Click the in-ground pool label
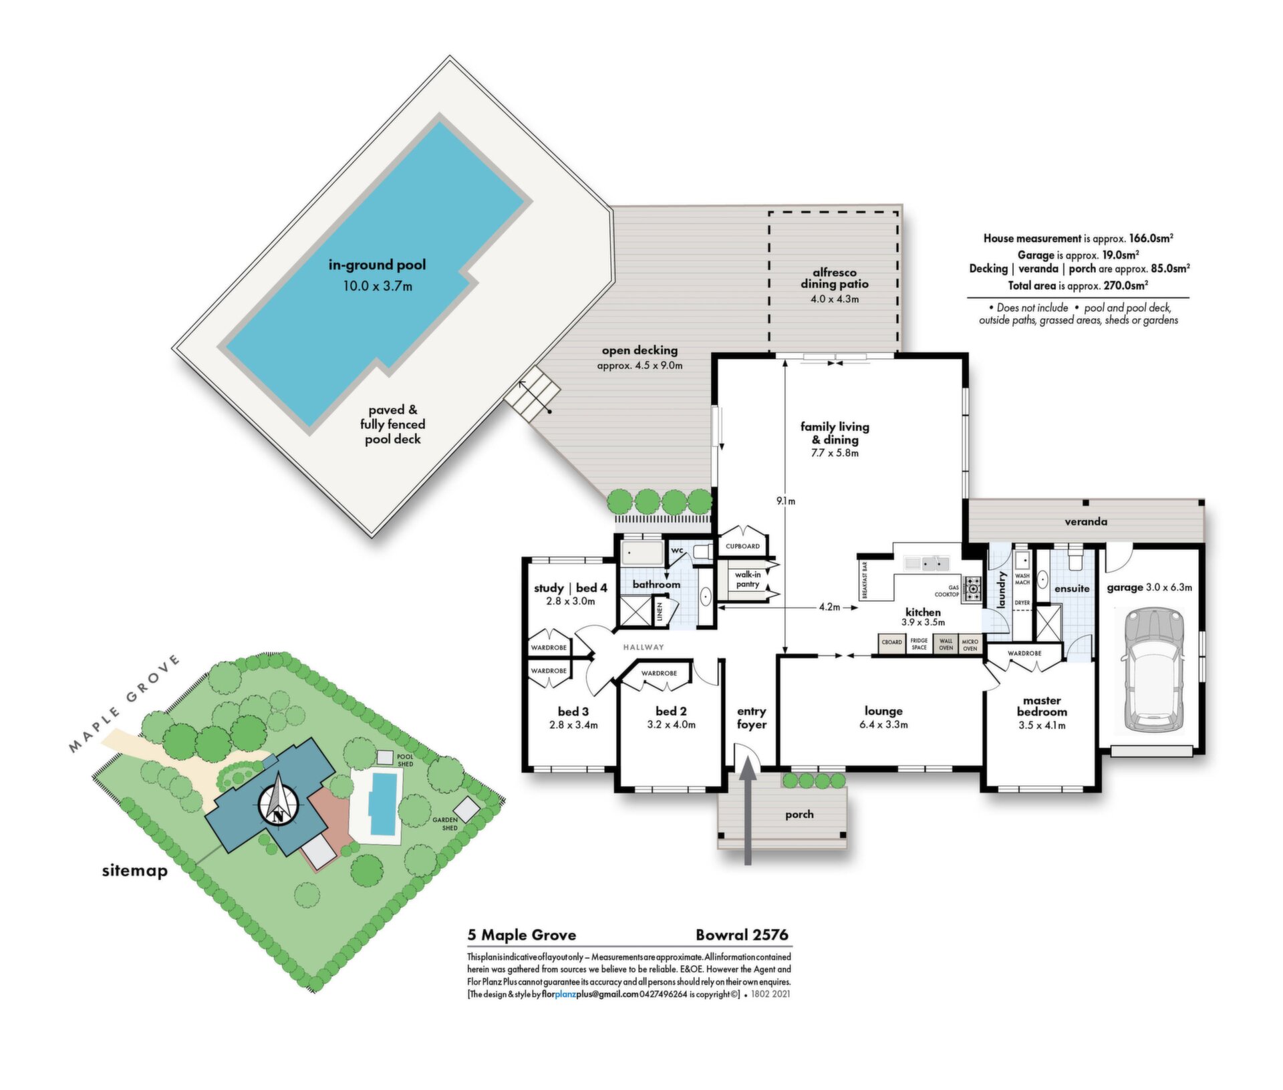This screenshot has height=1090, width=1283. click(377, 265)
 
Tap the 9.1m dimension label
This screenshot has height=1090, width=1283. click(786, 501)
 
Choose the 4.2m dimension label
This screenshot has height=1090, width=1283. click(829, 607)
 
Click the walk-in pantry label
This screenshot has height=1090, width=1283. click(748, 579)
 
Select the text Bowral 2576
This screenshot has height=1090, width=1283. click(742, 934)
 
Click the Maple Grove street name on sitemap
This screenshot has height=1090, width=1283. click(124, 703)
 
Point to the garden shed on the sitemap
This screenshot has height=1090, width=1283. click(466, 809)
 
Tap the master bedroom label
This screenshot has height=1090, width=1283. click(1042, 706)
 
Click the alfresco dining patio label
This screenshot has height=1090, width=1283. click(835, 278)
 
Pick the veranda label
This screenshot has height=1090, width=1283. click(1086, 521)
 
